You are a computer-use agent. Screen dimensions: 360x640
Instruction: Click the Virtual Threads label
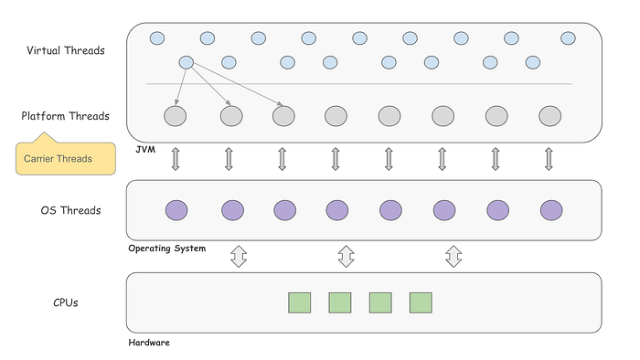(66, 50)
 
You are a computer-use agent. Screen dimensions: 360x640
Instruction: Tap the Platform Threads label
(66, 116)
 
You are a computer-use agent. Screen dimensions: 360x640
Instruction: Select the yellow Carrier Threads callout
(67, 158)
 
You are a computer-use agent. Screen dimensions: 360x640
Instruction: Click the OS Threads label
(70, 210)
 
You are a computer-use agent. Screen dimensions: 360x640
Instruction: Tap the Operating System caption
(166, 248)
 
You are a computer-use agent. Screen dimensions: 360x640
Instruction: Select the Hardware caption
(149, 343)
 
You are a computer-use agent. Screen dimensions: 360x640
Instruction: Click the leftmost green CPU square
(300, 302)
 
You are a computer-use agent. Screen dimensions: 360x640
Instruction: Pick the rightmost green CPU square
(421, 302)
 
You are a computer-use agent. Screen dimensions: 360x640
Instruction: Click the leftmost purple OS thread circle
(176, 210)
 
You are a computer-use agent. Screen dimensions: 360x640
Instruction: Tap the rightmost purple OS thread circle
(550, 210)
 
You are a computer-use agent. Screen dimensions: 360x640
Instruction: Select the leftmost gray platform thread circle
(176, 116)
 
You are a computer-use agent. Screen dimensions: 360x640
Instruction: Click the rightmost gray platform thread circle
(549, 116)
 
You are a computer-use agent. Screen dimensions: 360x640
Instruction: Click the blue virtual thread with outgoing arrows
(187, 62)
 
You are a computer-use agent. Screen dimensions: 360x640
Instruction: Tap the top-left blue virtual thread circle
(156, 38)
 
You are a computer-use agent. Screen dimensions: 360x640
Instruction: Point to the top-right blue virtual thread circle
(568, 38)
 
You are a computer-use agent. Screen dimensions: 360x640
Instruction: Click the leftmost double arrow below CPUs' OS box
(239, 256)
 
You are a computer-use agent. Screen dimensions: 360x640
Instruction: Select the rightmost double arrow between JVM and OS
(549, 160)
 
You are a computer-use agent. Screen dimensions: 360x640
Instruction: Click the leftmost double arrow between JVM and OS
(176, 160)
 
